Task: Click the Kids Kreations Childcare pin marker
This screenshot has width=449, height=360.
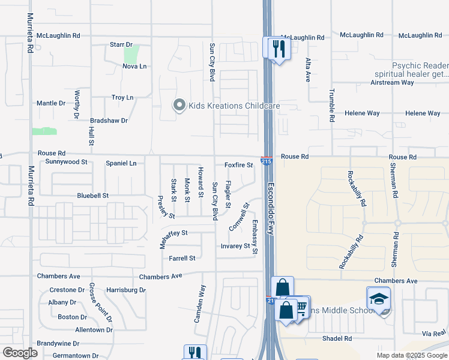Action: click(178, 106)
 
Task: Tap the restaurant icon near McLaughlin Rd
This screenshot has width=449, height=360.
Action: click(277, 48)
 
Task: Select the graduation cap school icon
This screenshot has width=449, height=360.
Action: click(379, 298)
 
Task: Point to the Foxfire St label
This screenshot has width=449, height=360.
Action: click(239, 165)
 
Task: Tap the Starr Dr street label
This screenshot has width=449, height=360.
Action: click(121, 44)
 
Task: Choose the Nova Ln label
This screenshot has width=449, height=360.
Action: click(134, 66)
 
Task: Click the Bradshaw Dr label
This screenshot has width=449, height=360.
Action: click(109, 120)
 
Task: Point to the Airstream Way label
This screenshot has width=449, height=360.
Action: click(393, 82)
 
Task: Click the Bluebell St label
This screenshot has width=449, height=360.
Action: click(92, 196)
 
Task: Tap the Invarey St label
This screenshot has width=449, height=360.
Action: click(235, 246)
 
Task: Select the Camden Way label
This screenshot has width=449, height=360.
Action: click(199, 304)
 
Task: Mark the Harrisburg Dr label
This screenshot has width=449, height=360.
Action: click(126, 290)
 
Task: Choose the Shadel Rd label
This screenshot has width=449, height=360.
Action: click(337, 338)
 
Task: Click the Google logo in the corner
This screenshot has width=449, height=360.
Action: click(20, 353)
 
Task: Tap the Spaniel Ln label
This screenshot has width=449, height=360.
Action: click(121, 163)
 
